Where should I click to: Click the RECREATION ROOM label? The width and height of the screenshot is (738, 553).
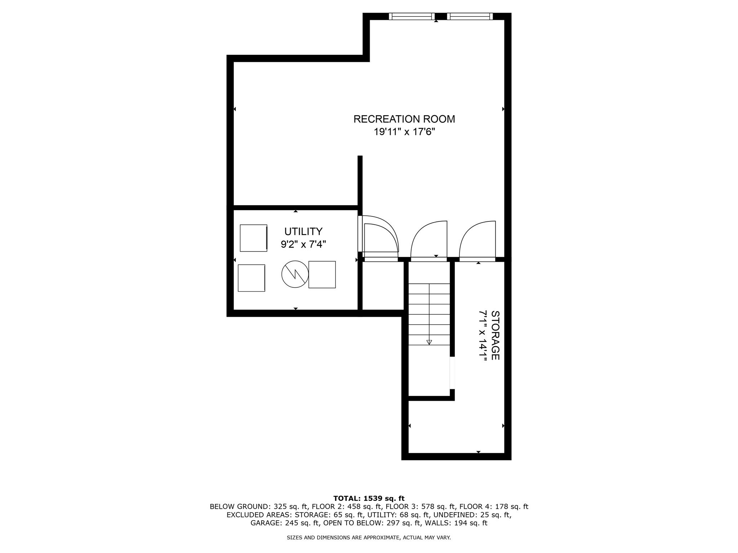(404, 119)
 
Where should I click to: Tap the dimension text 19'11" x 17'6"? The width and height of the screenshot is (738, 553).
(404, 132)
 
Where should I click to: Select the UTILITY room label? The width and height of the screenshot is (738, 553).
(303, 231)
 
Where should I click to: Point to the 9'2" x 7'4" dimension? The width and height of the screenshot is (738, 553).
(303, 245)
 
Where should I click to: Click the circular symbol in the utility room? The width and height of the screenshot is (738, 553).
(295, 274)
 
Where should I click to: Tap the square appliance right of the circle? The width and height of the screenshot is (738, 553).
(322, 274)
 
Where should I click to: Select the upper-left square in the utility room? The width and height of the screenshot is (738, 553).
(253, 238)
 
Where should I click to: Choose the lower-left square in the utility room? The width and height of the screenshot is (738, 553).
(251, 278)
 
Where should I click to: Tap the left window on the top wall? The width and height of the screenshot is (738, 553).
(412, 16)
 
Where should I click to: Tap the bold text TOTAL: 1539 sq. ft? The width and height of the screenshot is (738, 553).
(369, 499)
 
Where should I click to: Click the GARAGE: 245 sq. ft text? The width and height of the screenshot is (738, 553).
(284, 523)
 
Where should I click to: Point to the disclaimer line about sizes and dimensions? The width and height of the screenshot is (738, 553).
(369, 538)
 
